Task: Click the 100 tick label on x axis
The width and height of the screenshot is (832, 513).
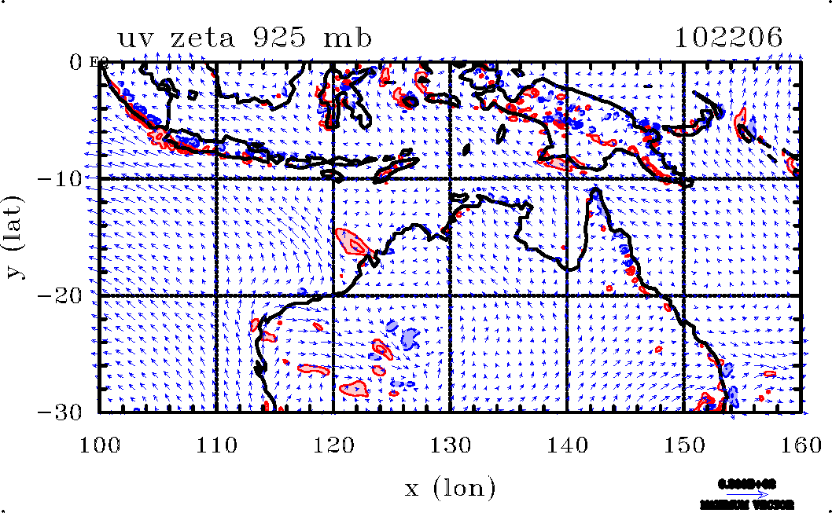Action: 100,445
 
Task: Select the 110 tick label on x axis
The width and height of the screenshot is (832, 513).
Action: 216,445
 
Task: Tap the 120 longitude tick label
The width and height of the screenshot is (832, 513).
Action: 333,445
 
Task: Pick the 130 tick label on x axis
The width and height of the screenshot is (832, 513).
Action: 450,445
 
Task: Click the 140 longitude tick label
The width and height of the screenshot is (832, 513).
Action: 567,445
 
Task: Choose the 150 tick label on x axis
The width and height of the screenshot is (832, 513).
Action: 683,445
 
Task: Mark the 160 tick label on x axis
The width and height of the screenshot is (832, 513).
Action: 800,445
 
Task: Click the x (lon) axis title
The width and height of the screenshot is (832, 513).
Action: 450,489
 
